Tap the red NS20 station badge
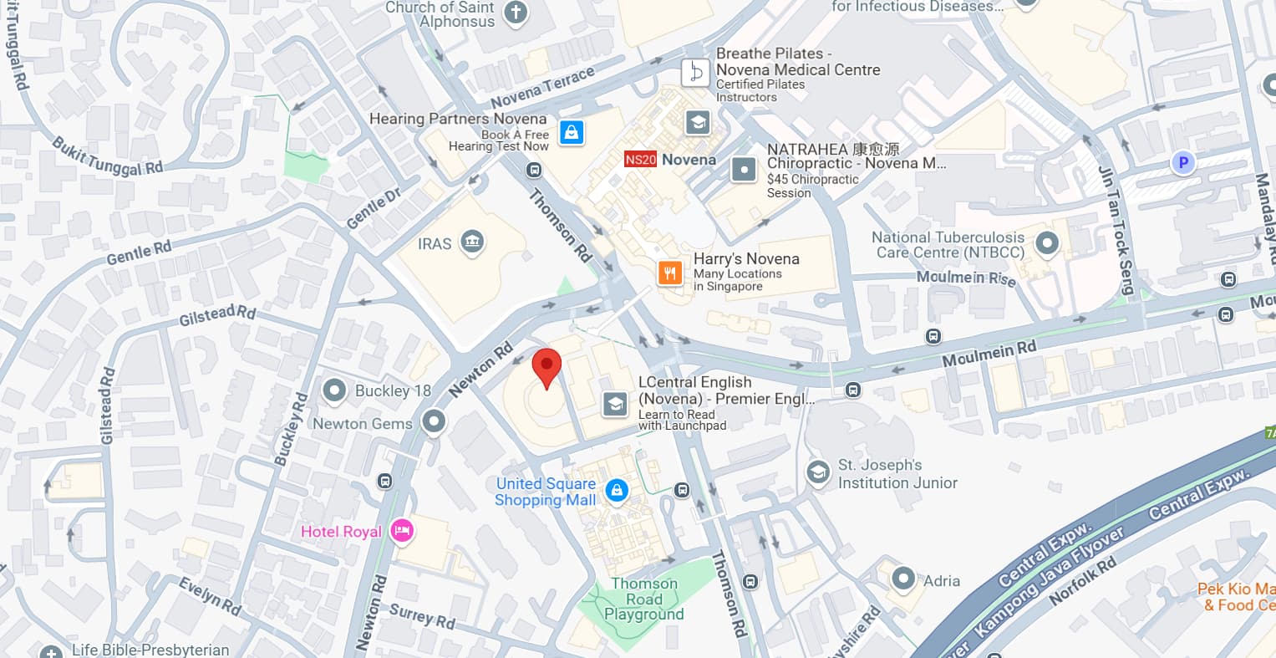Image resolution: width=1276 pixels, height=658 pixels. pos(640,160)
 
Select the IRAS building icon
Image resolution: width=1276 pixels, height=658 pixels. pos(472,242)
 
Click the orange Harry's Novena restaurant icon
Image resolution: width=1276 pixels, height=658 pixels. pos(669,273)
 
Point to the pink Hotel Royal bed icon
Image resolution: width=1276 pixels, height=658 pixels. pos(403,531)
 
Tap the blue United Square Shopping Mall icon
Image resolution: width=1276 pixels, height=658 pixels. pos(617,491)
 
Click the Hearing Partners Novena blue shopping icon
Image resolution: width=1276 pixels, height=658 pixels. pos(572,132)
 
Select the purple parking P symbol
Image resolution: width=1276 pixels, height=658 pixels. pos(1182,163)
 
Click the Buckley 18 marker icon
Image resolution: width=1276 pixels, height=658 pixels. pos(335,390)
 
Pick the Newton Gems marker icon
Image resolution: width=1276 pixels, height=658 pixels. pos(434,422)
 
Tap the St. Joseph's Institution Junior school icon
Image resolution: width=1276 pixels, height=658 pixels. pos(818,473)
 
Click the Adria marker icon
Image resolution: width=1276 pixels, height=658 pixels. pos(902,579)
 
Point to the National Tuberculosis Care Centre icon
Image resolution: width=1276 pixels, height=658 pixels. pos(1046,244)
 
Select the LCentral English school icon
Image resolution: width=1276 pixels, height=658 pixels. pos(615,405)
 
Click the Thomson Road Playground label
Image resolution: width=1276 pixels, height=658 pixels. pos(643,599)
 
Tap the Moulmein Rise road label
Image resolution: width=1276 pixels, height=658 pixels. pos(965,278)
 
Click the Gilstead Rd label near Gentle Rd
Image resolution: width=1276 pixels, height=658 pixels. pos(217,315)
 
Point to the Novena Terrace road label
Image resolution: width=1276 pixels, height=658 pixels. pos(542,87)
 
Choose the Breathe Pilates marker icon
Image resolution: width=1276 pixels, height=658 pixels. pos(695,73)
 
